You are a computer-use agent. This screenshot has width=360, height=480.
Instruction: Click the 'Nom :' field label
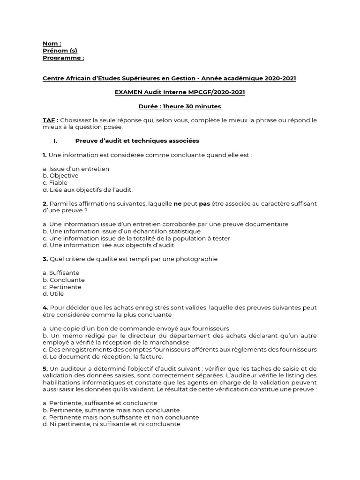pos(52,44)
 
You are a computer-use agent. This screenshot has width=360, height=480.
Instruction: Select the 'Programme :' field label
pos(63,58)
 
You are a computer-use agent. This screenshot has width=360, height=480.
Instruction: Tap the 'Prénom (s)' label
pos(60,51)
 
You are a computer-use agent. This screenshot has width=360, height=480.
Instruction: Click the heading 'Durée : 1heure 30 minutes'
pos(180,106)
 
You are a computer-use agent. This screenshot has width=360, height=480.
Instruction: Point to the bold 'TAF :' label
pos(50,120)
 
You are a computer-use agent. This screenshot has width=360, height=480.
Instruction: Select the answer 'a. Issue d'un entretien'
pos(75,169)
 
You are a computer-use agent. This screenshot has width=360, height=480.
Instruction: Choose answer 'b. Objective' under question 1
pos(60,176)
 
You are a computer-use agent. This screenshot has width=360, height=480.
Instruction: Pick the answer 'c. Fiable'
pos(55,183)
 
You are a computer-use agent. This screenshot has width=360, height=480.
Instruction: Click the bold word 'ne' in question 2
pos(177,203)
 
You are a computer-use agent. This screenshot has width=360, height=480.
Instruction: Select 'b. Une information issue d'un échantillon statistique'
pos(121,231)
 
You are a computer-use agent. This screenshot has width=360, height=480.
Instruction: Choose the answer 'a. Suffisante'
pos(61,273)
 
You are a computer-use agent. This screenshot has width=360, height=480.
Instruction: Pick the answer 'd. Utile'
pos(53,294)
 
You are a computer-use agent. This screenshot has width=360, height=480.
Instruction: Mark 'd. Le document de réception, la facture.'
pos(103,357)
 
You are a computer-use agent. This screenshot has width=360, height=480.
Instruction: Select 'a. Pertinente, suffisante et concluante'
pos(100,403)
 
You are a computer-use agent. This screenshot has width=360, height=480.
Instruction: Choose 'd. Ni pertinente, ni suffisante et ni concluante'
pos(111,424)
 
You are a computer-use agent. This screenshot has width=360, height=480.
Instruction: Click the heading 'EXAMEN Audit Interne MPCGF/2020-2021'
pos(180,92)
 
